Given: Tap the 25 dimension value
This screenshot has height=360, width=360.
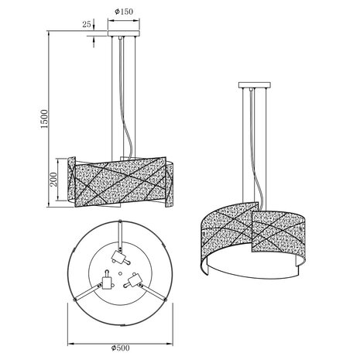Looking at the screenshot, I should point(86,25).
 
